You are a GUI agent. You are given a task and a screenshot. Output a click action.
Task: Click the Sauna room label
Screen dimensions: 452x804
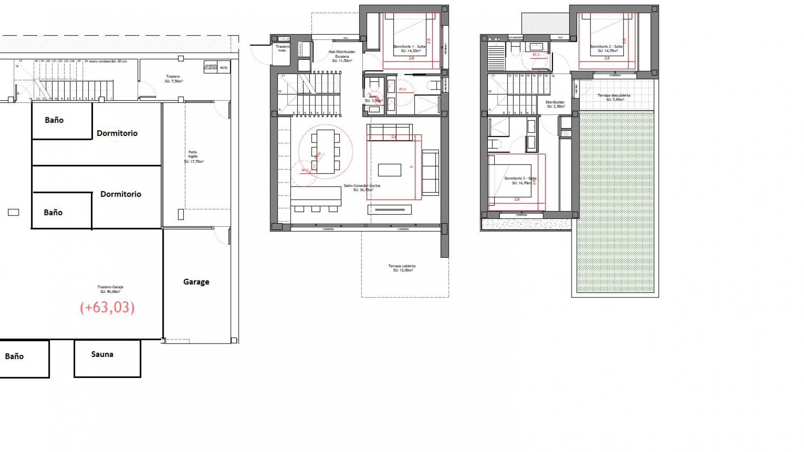point(102,354)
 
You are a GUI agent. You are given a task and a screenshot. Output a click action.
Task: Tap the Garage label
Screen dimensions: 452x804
point(196,282)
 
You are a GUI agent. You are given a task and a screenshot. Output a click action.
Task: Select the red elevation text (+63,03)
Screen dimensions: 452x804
point(107,308)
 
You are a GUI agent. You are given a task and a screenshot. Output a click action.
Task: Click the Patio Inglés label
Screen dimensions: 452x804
point(193,157)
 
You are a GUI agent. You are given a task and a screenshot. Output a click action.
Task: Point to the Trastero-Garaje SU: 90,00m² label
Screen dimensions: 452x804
point(110,289)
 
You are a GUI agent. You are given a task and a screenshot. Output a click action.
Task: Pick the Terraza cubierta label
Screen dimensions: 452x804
point(402,268)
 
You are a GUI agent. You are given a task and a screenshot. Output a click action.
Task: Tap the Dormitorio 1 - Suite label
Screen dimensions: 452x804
point(409,49)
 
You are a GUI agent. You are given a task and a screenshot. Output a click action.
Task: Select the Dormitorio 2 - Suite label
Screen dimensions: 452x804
point(606,49)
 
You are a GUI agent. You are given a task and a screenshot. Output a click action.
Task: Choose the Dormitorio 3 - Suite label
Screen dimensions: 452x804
point(520,180)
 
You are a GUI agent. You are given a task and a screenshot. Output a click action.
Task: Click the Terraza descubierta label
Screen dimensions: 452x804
point(613,97)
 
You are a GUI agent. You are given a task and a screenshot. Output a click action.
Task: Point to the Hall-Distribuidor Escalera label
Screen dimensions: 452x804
point(342,56)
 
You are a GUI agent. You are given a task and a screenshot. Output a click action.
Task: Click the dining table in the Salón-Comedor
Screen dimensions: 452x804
point(325,152)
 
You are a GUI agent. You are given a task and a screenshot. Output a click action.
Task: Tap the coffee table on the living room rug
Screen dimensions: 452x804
point(389,170)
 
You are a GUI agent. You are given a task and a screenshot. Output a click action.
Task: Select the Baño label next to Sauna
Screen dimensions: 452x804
point(14,357)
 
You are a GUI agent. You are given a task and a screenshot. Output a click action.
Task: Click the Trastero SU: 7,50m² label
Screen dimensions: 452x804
point(173,79)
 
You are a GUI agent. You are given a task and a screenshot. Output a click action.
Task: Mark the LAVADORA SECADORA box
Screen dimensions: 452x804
point(211,67)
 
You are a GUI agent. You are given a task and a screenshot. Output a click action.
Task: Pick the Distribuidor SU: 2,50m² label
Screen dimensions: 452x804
point(555,104)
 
